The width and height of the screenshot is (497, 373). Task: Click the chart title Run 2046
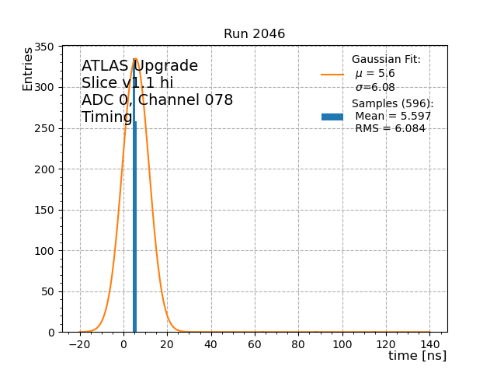pyautogui.click(x=254, y=34)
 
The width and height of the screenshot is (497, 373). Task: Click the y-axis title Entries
pyautogui.click(x=28, y=69)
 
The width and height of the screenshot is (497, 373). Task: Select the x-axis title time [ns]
pyautogui.click(x=417, y=356)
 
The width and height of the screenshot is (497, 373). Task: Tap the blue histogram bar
pyautogui.click(x=134, y=233)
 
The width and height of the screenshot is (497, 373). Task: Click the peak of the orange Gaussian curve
pyautogui.click(x=135, y=59)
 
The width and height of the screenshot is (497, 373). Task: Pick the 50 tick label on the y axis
pyautogui.click(x=48, y=291)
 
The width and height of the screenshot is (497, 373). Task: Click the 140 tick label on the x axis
pyautogui.click(x=430, y=343)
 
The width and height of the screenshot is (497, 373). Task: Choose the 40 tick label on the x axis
pyautogui.click(x=210, y=343)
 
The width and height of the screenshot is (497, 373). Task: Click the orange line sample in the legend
pyautogui.click(x=332, y=75)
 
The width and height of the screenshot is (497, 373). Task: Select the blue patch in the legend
pyautogui.click(x=332, y=117)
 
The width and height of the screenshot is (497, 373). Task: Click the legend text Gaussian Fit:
pyautogui.click(x=386, y=60)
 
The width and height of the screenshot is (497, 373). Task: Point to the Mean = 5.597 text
pyautogui.click(x=393, y=117)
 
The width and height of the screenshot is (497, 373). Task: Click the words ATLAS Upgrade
pyautogui.click(x=140, y=66)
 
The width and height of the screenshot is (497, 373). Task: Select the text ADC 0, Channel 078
pyautogui.click(x=157, y=100)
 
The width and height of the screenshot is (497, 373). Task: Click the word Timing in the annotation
pyautogui.click(x=106, y=117)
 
